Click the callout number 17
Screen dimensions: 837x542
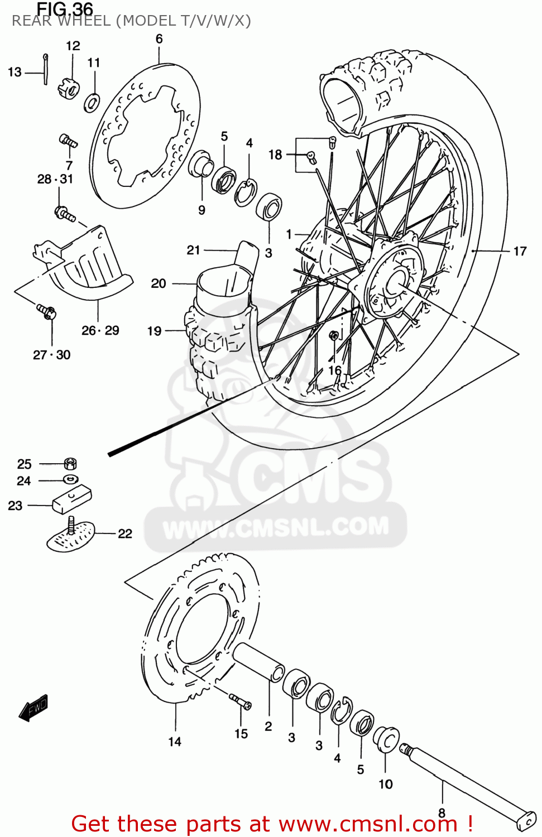click(520, 252)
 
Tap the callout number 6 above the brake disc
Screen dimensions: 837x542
click(159, 39)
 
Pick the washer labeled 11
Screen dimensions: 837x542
click(92, 103)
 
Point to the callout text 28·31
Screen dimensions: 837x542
click(55, 179)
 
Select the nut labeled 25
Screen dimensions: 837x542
click(70, 463)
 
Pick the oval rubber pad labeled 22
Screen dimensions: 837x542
click(71, 536)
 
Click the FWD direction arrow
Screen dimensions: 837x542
click(33, 708)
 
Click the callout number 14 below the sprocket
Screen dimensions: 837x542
click(175, 742)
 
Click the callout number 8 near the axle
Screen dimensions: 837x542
click(442, 813)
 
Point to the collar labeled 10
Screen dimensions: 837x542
click(386, 740)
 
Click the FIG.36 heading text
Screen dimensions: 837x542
click(65, 9)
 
